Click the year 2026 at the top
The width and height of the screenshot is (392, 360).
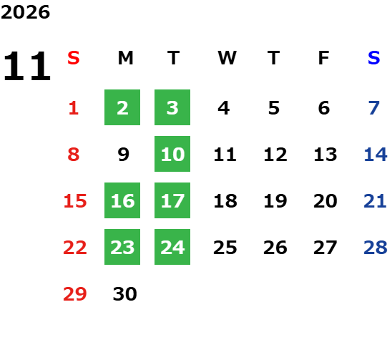[25, 12]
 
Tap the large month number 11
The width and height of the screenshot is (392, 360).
[27, 66]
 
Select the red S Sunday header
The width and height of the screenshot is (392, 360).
[74, 58]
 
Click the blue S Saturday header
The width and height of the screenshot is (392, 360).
[373, 58]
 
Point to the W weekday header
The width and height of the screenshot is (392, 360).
[227, 58]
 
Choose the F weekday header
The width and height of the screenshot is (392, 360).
[324, 58]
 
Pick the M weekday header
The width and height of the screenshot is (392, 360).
[125, 58]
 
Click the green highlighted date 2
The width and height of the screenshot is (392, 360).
[122, 107]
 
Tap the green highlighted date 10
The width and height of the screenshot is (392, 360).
[172, 154]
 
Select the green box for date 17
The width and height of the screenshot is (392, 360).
[172, 200]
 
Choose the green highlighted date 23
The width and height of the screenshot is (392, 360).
[122, 247]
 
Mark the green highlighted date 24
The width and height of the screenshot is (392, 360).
[172, 247]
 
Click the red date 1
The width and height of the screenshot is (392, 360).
[74, 108]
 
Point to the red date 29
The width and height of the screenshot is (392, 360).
[75, 294]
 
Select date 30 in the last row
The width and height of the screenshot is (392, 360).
[124, 294]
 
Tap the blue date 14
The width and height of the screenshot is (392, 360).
[376, 155]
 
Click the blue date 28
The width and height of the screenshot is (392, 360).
[376, 248]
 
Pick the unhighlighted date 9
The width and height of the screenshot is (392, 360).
[124, 155]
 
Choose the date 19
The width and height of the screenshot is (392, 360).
[275, 201]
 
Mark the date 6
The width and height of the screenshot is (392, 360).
[324, 108]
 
